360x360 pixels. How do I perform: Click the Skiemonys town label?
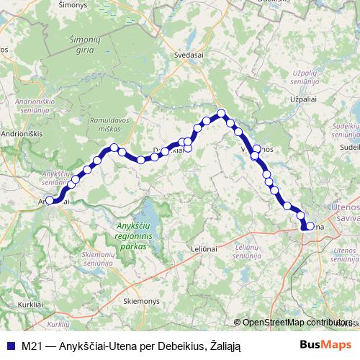pyautogui.click(x=141, y=300)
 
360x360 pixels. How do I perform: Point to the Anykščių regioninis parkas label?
pyautogui.click(x=131, y=237)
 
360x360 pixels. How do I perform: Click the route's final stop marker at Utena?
pyautogui.click(x=310, y=226)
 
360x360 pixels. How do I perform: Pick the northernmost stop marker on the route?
pyautogui.click(x=222, y=113)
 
